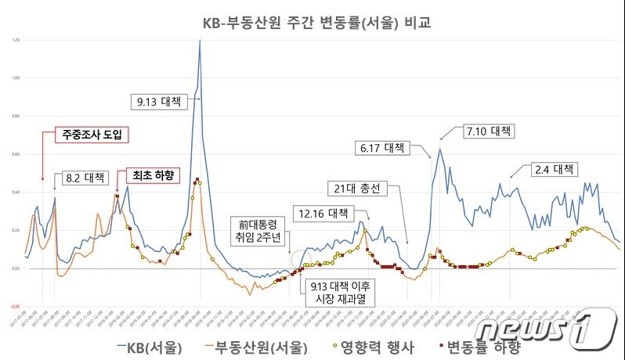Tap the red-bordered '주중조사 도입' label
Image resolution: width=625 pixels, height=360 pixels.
click(x=94, y=135)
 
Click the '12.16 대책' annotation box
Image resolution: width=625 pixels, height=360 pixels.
click(x=323, y=212)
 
